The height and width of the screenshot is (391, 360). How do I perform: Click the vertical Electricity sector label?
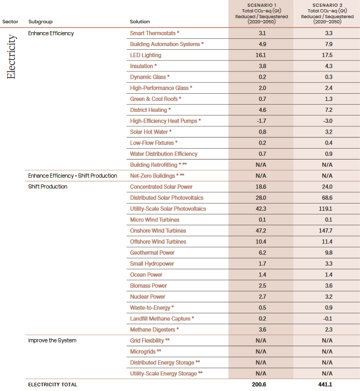11,56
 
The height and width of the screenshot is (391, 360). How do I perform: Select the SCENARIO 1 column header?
261,5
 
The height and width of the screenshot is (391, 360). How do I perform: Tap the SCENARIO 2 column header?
327,5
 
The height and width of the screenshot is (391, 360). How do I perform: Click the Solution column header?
140,22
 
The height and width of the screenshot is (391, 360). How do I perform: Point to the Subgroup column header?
40,22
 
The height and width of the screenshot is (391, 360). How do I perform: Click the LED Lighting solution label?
146,55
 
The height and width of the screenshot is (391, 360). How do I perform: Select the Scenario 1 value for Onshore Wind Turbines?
261,230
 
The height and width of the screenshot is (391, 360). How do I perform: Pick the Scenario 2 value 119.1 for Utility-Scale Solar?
327,209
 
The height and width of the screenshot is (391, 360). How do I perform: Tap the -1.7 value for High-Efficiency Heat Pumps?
261,121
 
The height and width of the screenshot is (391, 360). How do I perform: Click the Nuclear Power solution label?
148,297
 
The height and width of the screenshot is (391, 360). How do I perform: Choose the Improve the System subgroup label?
52,340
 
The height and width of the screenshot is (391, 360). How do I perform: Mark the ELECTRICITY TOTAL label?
52,384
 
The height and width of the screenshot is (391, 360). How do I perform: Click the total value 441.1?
327,384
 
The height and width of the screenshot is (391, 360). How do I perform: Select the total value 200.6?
261,384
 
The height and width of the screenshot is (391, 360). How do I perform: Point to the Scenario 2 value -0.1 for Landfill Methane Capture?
327,318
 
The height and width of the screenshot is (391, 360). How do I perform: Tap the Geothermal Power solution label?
152,253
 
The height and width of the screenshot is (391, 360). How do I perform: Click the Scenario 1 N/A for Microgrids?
261,352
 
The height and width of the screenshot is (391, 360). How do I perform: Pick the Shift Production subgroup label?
48,186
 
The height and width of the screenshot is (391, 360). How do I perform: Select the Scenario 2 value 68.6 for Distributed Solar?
327,198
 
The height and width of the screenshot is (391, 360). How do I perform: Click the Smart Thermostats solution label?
154,33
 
